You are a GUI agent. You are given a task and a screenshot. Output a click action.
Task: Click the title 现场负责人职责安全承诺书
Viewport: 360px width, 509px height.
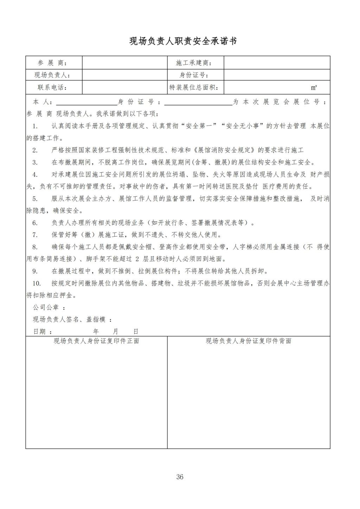tap(183, 41)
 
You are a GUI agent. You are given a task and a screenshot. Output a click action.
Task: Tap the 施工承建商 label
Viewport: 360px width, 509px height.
tap(194, 63)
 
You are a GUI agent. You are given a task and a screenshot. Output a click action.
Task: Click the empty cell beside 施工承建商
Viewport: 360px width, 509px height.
tap(277, 63)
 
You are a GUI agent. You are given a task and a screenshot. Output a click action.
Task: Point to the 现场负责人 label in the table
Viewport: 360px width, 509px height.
tap(52, 75)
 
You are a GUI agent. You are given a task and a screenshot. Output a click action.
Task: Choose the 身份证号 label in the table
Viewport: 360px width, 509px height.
tap(194, 75)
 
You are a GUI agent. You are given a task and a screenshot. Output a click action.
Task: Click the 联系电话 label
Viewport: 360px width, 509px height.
tap(52, 87)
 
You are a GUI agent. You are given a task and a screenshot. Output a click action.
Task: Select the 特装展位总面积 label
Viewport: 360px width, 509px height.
tap(194, 87)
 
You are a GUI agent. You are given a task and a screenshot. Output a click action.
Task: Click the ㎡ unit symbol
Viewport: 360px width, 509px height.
tap(314, 88)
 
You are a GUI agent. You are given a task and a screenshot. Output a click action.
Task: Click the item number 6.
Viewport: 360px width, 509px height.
tap(35, 223)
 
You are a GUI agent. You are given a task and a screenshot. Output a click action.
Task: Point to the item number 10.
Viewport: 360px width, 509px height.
tap(36, 283)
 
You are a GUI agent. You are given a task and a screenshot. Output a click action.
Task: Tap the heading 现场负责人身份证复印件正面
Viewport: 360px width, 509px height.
tap(96, 341)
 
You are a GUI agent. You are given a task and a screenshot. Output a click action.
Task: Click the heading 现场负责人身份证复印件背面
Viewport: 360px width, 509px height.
tap(249, 341)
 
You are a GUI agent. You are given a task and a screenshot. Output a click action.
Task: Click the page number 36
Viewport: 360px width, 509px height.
tap(180, 477)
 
